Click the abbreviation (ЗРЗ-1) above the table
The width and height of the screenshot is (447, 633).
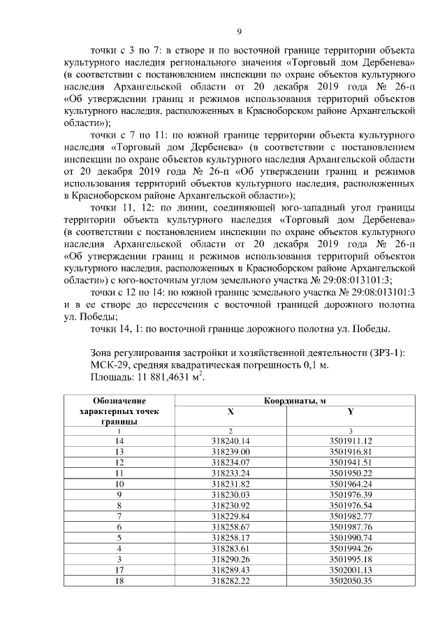[385, 351]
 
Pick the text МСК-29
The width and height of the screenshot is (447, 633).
[109, 364]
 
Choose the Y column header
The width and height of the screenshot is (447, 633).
[351, 412]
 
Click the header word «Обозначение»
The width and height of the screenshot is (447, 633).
[120, 401]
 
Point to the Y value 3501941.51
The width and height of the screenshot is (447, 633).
[351, 462]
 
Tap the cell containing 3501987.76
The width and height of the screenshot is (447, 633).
[351, 527]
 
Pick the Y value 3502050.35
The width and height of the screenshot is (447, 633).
[351, 580]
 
